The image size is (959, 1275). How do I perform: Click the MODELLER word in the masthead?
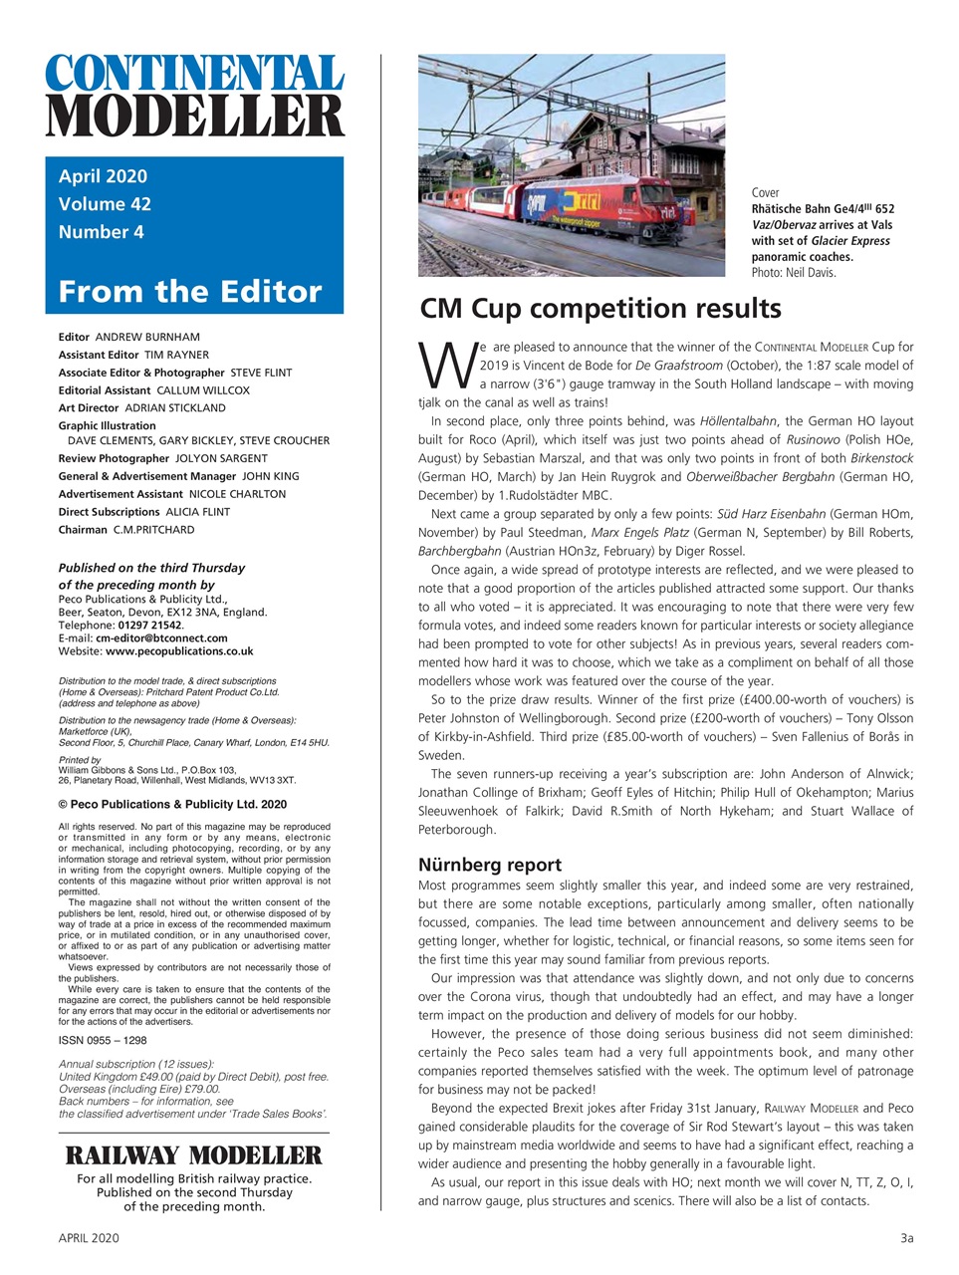point(194,117)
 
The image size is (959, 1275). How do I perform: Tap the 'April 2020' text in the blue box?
point(103,176)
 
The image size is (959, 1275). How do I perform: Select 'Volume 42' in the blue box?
point(105,204)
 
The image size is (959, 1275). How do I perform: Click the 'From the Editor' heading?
point(190,292)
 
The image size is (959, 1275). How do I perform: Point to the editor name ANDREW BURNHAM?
point(147,337)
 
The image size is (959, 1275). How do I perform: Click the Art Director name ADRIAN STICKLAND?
point(174,407)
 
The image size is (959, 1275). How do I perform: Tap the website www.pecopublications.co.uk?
point(179,650)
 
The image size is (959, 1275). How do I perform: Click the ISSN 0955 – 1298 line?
point(103,1040)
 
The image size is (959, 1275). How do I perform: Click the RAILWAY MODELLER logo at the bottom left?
point(193,1155)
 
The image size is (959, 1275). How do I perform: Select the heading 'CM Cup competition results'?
point(599,309)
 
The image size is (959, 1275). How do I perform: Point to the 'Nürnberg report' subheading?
point(490,865)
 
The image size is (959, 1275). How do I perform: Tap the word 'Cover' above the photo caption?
point(765,193)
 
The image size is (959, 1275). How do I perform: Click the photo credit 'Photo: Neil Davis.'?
point(794,273)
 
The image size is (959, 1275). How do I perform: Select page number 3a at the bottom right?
point(906,1238)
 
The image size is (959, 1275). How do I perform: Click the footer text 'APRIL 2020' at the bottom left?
point(89,1238)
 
